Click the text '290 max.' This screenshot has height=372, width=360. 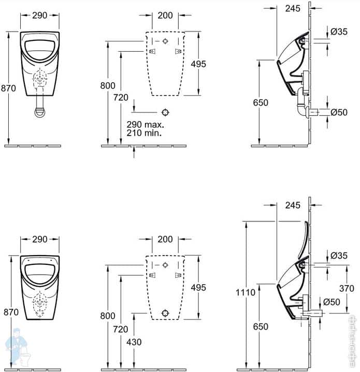145,125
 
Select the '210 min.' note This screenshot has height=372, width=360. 144,133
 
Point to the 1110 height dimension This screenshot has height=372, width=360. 246,293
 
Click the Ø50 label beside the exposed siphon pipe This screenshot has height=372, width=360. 339,112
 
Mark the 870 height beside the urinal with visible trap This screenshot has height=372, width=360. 8,88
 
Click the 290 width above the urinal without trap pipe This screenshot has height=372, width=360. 39,239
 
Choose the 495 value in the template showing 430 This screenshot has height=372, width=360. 198,287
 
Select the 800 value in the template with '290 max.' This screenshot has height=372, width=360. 108,86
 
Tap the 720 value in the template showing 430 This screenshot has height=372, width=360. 121,329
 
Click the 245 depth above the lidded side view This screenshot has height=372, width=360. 293,205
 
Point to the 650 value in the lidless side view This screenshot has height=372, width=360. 261,102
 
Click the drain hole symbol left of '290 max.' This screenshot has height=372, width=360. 165,112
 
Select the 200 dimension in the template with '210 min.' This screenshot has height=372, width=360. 165,16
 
